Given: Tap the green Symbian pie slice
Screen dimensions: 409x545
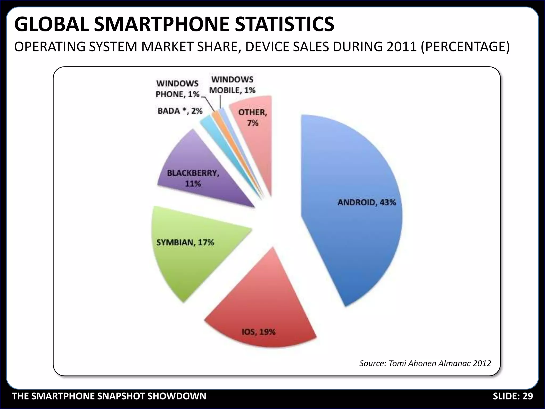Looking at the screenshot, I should tap(192, 261).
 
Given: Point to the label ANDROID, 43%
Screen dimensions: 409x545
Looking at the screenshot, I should tap(367, 202).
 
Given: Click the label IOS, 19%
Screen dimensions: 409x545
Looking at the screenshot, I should tap(258, 332).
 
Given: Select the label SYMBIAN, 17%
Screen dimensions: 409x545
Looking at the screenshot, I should tap(185, 242).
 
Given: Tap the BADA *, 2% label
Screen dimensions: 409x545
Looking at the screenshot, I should tap(180, 111).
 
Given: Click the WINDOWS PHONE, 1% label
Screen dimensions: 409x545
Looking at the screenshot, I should tap(177, 89).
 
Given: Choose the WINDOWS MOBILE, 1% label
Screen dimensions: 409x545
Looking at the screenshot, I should tap(232, 85).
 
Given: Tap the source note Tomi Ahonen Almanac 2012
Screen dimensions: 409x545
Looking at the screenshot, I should tap(425, 363).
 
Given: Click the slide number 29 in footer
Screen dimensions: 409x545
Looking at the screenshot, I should tap(527, 396).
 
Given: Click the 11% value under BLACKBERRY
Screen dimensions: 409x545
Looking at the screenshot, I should tap(193, 183).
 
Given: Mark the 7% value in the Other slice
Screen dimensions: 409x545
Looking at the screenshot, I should tap(253, 123).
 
